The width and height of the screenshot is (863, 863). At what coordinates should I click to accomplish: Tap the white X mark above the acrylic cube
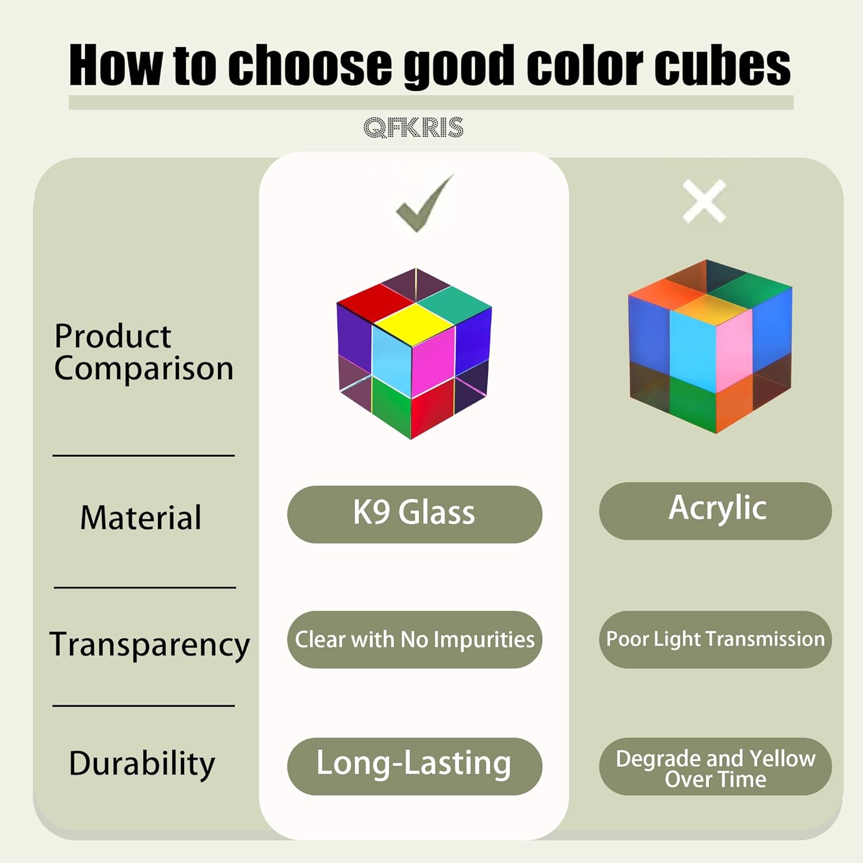(704, 201)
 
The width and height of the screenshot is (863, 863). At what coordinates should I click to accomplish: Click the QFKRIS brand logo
(413, 127)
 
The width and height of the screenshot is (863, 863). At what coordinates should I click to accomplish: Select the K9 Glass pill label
(414, 514)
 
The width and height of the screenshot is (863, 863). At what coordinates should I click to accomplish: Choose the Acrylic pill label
(715, 510)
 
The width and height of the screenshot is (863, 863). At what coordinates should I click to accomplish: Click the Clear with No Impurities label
(414, 639)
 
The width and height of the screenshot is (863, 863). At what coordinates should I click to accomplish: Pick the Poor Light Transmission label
(715, 639)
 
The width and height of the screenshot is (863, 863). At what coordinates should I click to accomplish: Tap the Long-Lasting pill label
(414, 766)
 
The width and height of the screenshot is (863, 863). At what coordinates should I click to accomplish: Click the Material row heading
(141, 517)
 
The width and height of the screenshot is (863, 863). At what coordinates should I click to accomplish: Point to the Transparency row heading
(150, 644)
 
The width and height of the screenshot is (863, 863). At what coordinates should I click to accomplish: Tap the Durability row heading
(142, 765)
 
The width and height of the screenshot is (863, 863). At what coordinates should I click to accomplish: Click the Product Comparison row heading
(144, 352)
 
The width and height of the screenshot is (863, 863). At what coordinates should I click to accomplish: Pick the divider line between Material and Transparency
(145, 587)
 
